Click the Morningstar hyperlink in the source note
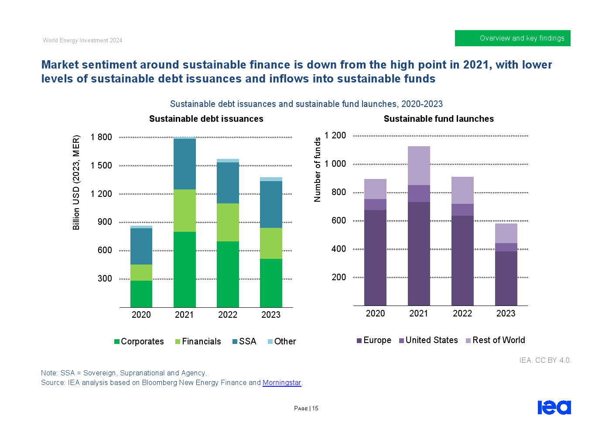[282, 383]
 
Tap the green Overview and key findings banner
[513, 38]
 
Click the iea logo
[554, 407]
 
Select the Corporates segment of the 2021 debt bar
[185, 269]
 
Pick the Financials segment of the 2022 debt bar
[228, 222]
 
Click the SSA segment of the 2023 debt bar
[271, 204]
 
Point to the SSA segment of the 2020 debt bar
[141, 246]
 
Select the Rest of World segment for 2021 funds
[419, 165]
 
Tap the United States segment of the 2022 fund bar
[462, 210]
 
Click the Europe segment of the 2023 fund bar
[506, 278]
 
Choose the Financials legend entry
[198, 341]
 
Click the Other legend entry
[282, 341]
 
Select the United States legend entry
[428, 340]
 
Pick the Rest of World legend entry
[496, 340]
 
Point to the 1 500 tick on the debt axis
[101, 165]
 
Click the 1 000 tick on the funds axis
[335, 164]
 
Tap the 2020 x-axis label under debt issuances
[141, 315]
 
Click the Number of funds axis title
[318, 169]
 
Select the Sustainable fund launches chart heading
[438, 119]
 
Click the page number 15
[315, 409]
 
